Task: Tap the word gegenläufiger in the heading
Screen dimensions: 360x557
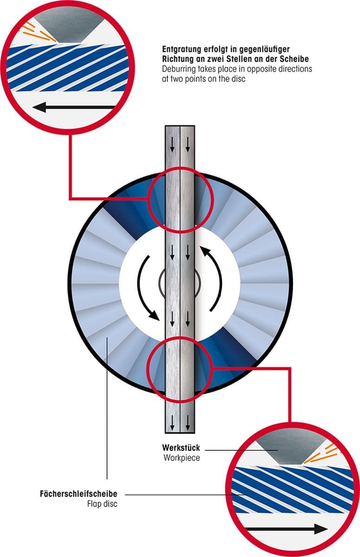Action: coord(264,50)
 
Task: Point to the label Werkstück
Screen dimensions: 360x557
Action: coord(181,448)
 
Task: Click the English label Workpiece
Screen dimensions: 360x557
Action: coord(181,458)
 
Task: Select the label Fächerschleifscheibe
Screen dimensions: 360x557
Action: coord(78,493)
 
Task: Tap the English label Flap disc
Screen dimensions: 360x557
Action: coord(102,504)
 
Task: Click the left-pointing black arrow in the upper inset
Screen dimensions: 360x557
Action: coord(74,108)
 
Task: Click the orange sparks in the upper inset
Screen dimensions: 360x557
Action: coord(39,32)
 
